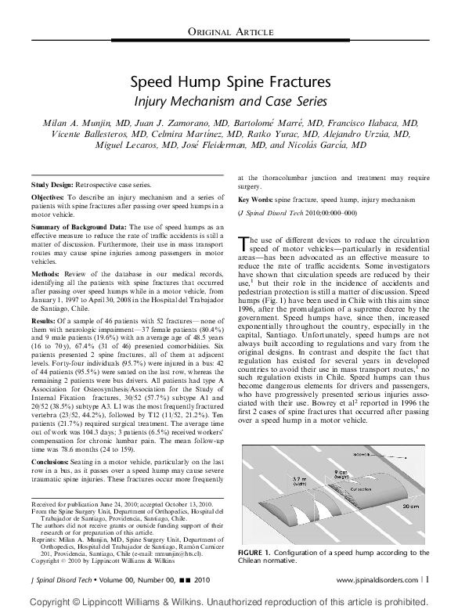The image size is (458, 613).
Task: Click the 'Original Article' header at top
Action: pyautogui.click(x=229, y=31)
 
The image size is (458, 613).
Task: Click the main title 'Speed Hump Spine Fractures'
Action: pyautogui.click(x=229, y=82)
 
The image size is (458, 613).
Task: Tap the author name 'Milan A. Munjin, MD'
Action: pyautogui.click(x=81, y=123)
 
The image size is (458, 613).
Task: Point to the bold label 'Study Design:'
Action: pyautogui.click(x=51, y=183)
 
